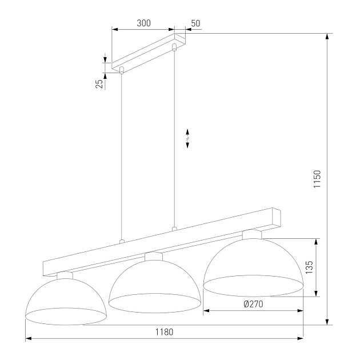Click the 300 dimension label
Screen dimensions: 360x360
[x=144, y=23]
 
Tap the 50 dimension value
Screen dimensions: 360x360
[x=195, y=23]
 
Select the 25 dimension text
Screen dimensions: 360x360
[x=99, y=83]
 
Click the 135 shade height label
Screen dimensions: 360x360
[x=309, y=268]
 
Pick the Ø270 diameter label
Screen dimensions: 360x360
[x=253, y=304]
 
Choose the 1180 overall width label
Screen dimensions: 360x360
[x=163, y=332]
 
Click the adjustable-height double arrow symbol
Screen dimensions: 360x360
[x=187, y=138]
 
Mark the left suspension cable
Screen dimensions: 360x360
[x=121, y=154]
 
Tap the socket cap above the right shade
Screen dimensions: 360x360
[x=252, y=234]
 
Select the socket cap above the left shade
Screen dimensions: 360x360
[x=65, y=275]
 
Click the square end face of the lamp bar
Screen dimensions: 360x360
[x=278, y=215]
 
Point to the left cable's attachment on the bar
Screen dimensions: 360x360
[x=121, y=241]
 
